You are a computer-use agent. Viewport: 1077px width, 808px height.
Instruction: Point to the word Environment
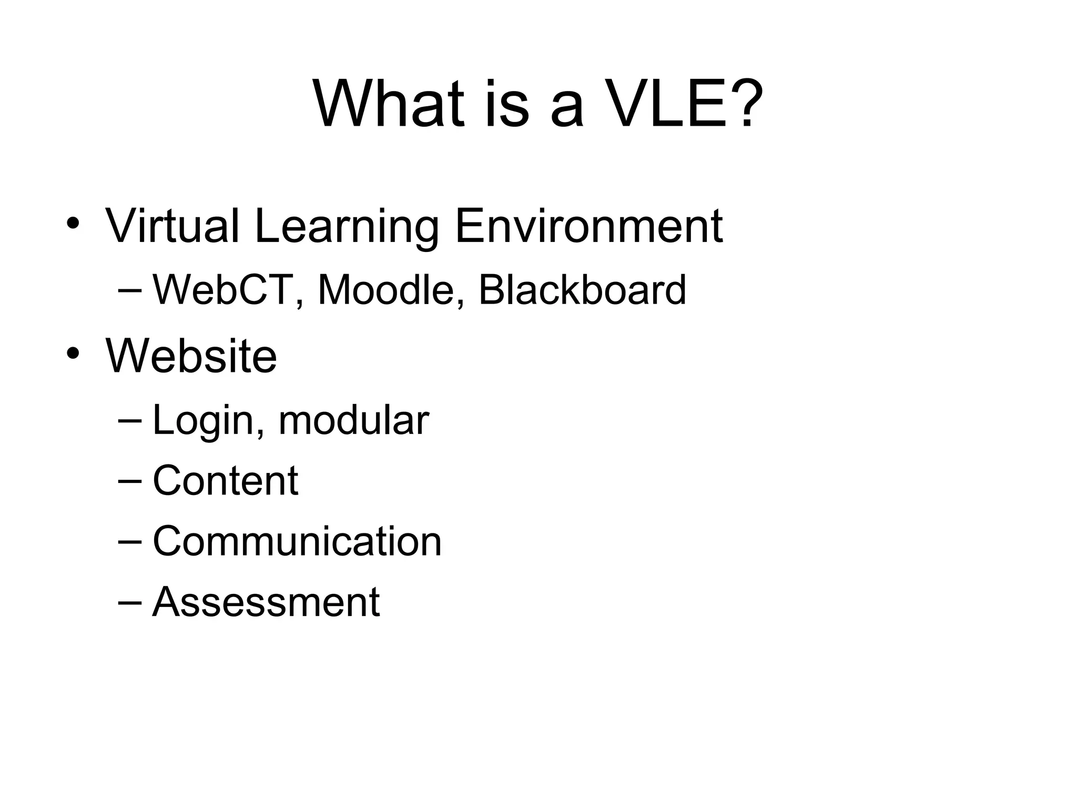pyautogui.click(x=588, y=226)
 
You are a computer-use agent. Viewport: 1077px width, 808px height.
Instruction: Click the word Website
pyautogui.click(x=191, y=357)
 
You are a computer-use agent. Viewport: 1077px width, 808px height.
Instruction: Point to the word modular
pyautogui.click(x=353, y=421)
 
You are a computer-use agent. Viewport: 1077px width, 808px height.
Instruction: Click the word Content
pyautogui.click(x=225, y=481)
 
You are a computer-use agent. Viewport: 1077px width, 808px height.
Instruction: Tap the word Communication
pyautogui.click(x=297, y=541)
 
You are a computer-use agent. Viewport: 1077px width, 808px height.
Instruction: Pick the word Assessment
pyautogui.click(x=266, y=602)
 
